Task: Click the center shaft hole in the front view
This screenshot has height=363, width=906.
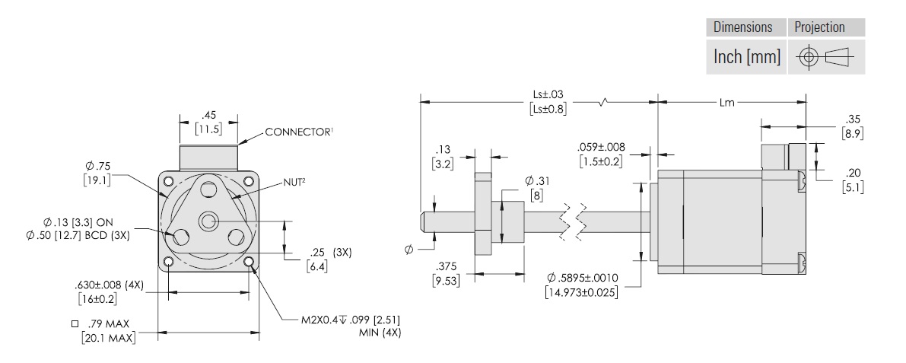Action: [x=208, y=221]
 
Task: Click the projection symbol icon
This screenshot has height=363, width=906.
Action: [x=825, y=57]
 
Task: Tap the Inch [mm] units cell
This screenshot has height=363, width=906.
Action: [x=747, y=57]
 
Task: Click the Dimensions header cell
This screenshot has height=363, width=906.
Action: [x=743, y=27]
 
